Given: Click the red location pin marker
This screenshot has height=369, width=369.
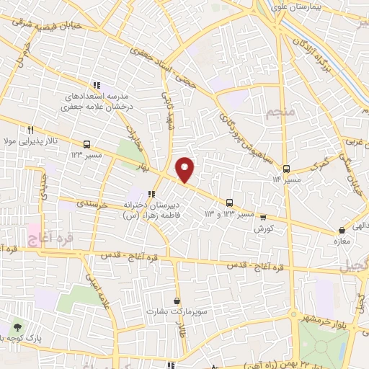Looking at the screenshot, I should [x=185, y=169].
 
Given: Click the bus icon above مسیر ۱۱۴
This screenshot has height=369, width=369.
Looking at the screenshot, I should [x=286, y=168].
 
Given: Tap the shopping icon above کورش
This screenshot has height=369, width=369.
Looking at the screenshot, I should [x=263, y=217].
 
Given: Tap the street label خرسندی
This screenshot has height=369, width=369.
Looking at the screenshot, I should [x=92, y=205].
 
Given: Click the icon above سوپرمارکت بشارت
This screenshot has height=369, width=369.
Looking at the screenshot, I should [x=177, y=301].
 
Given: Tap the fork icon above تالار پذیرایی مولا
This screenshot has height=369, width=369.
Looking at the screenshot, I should [x=30, y=130].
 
